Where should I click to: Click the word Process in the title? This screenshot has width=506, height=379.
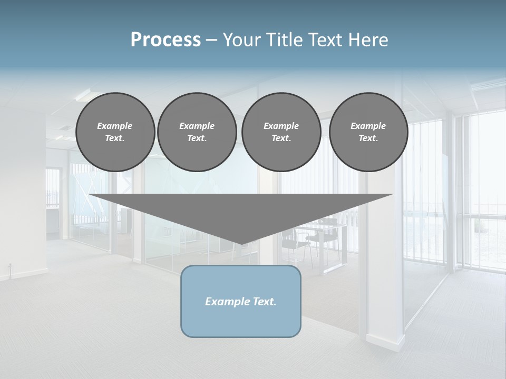point(166,40)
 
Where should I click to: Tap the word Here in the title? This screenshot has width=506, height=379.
point(369,40)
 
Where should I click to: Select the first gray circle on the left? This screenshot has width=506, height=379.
point(115,132)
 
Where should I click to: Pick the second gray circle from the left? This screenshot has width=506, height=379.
point(197,132)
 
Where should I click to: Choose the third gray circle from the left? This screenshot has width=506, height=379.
point(281,132)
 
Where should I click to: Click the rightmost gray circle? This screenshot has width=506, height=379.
point(368,132)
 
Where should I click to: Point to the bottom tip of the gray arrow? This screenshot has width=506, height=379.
point(241,244)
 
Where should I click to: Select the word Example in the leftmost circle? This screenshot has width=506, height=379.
point(115,126)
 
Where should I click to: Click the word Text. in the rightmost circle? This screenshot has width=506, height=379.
point(368,138)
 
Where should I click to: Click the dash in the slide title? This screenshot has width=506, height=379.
point(211,40)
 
